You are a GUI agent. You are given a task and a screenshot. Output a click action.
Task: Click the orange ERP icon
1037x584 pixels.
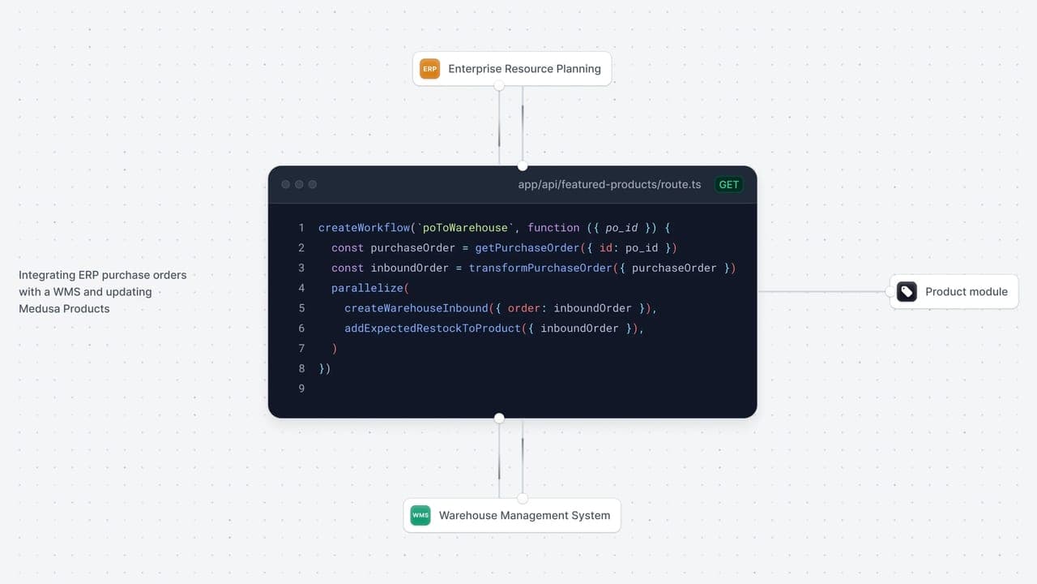click(429, 69)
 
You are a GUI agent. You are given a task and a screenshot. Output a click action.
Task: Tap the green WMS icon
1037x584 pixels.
click(420, 515)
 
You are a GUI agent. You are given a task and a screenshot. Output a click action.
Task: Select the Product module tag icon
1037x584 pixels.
click(907, 291)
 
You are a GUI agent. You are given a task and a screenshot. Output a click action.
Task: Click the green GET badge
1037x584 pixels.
click(728, 184)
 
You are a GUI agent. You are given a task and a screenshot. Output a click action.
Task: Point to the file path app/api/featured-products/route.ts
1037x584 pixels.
click(609, 184)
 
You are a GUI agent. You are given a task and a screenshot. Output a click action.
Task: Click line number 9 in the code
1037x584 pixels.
click(302, 389)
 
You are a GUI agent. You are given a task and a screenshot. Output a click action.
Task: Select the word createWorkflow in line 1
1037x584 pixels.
click(365, 228)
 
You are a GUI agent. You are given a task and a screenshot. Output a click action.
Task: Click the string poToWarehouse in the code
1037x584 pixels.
click(465, 228)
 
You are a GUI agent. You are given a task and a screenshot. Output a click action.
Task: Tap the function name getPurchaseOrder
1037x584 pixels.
click(527, 248)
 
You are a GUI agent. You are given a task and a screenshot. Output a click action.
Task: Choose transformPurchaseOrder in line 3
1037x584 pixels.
click(540, 268)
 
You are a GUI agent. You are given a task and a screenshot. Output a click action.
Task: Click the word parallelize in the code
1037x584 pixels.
click(367, 288)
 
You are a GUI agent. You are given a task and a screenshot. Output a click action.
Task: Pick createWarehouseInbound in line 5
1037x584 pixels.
click(416, 308)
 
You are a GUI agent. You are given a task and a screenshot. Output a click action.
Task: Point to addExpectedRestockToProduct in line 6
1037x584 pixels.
click(433, 328)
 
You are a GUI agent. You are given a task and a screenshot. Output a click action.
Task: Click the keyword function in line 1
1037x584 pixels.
click(553, 228)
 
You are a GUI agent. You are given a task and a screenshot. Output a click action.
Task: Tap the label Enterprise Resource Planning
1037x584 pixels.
click(524, 69)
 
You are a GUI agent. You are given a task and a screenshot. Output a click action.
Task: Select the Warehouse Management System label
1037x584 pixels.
click(524, 515)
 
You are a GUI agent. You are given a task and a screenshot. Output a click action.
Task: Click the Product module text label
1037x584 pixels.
click(967, 291)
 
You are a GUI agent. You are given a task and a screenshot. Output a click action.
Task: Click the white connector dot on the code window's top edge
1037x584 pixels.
click(523, 166)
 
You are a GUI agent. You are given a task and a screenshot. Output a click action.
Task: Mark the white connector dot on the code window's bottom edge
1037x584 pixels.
click(499, 418)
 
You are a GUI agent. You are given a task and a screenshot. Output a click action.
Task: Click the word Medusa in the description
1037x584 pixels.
click(40, 309)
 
